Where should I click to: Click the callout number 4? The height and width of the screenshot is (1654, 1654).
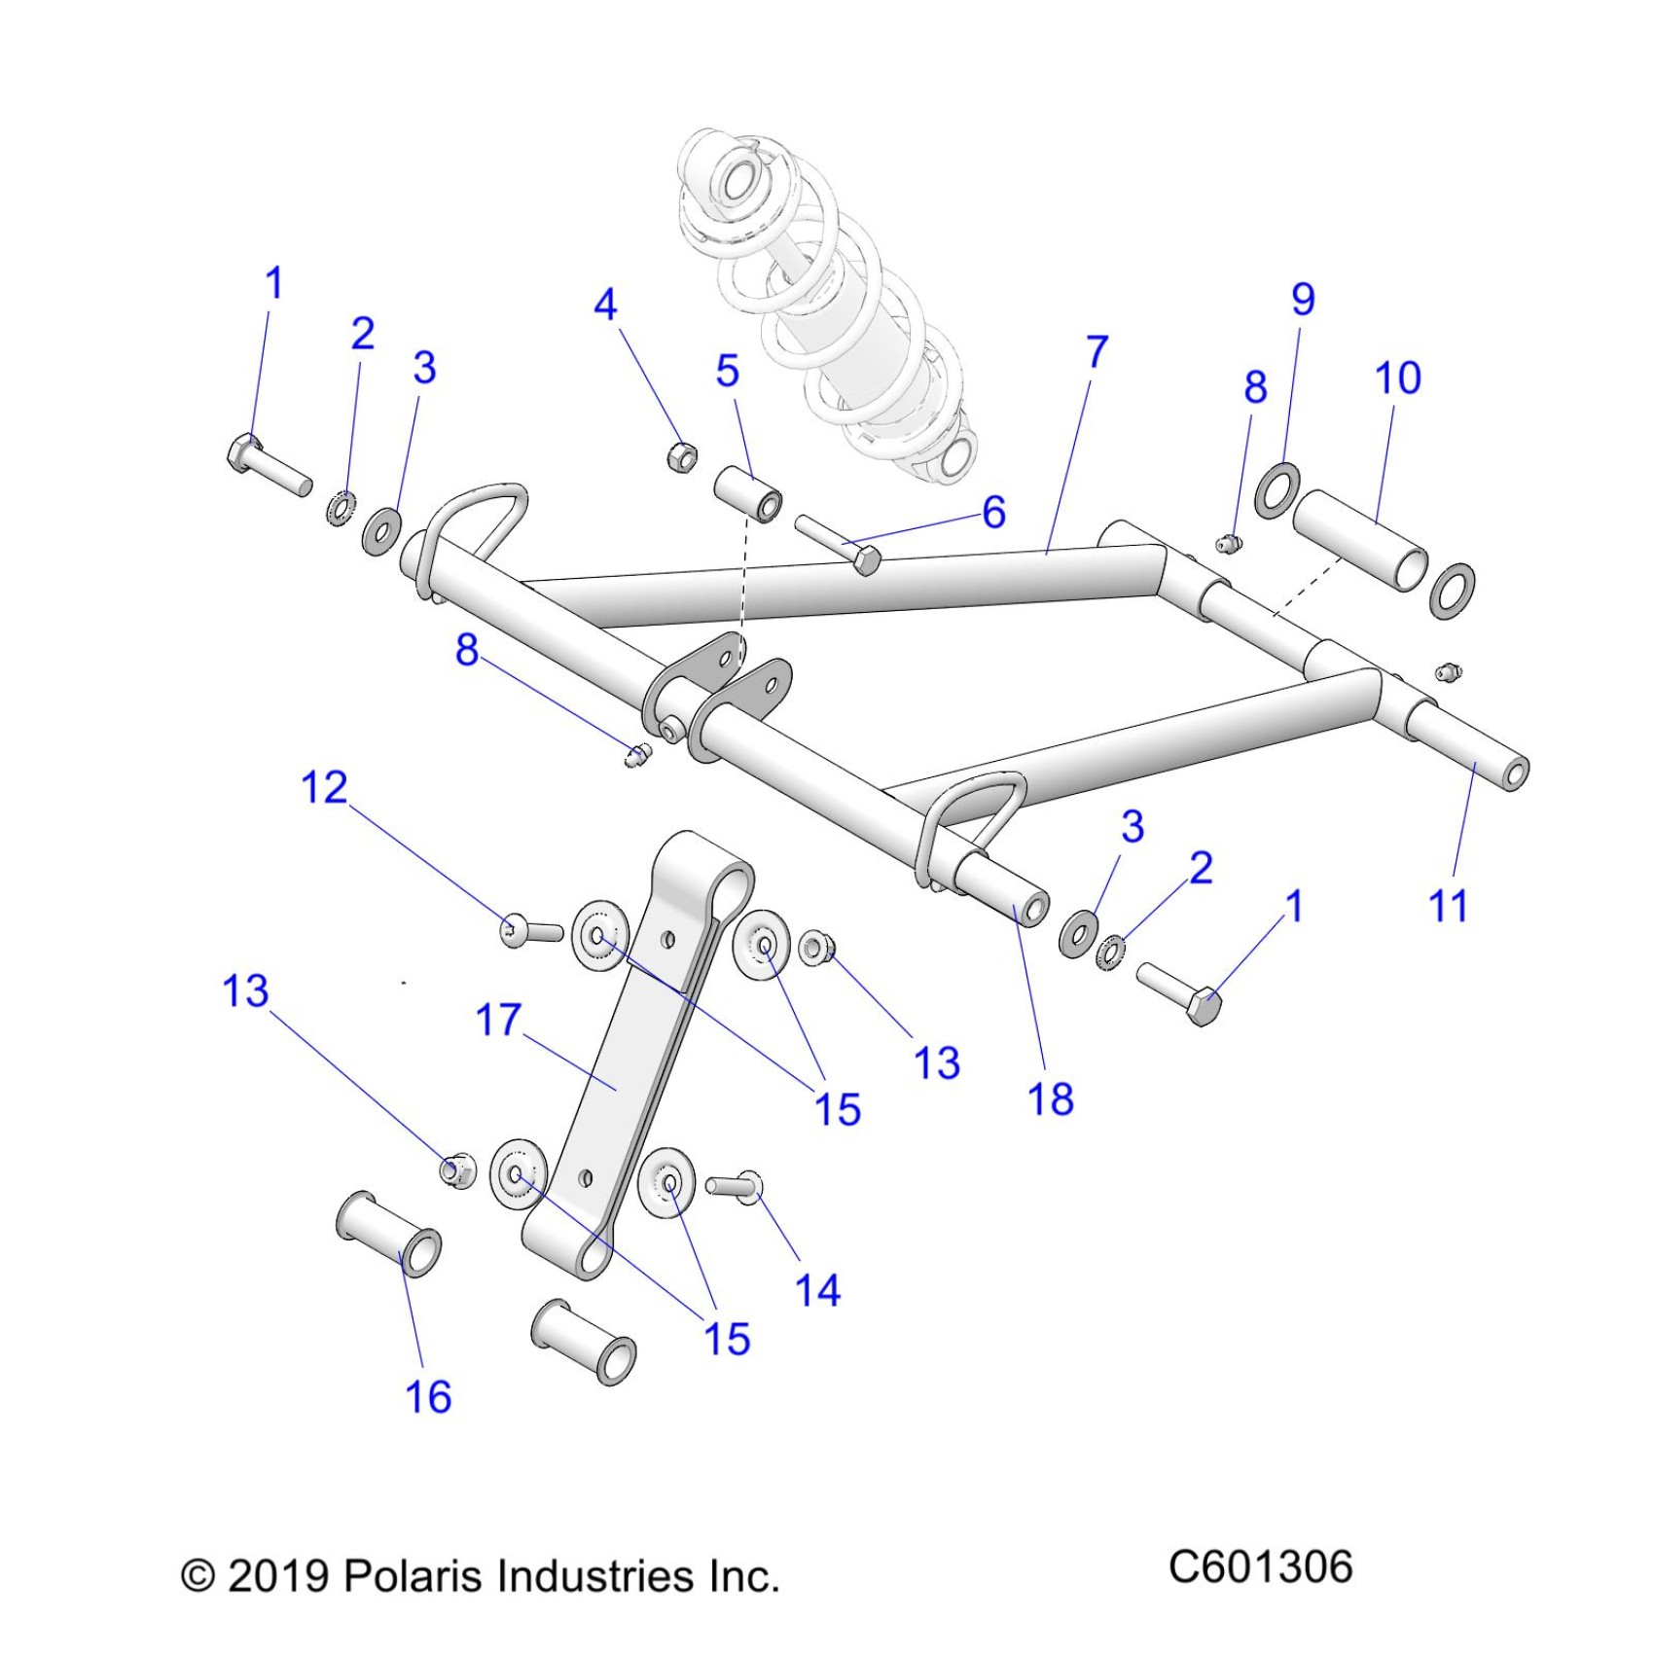(x=605, y=305)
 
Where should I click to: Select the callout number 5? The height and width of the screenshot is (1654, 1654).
(x=727, y=371)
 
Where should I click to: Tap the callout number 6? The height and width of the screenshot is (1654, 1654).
(x=993, y=512)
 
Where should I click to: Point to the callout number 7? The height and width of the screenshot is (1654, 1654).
(x=1097, y=351)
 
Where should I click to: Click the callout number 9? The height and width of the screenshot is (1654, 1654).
(x=1303, y=299)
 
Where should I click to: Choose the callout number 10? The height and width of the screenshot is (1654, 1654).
(x=1397, y=378)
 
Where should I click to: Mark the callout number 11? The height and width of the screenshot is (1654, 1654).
(x=1447, y=906)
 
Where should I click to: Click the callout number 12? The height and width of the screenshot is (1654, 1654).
(x=324, y=787)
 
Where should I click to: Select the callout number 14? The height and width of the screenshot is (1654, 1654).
(x=817, y=1290)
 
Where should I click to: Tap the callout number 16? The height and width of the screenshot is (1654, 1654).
(x=428, y=1397)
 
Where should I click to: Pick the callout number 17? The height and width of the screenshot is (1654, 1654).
(x=498, y=1021)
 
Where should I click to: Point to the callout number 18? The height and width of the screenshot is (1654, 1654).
(x=1050, y=1098)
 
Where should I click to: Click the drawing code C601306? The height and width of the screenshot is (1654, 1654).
(x=1260, y=1567)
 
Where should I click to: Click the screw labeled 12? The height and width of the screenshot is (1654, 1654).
(x=530, y=931)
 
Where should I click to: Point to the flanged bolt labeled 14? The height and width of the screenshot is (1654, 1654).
(x=735, y=1186)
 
